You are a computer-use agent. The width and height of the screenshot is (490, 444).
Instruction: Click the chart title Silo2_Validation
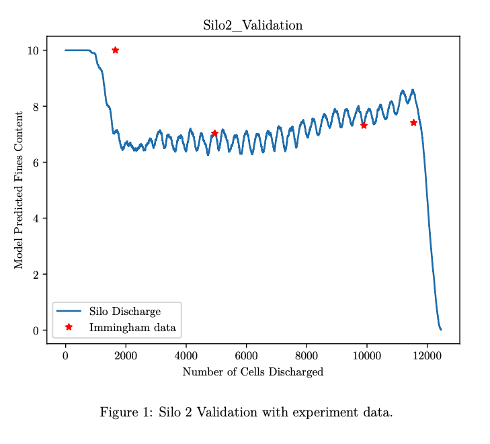(x=253, y=26)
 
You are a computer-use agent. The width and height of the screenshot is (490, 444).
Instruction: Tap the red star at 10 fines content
(x=115, y=50)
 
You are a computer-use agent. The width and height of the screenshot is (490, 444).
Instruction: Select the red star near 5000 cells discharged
(x=214, y=133)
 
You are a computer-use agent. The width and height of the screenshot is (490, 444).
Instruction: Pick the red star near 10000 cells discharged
(x=364, y=125)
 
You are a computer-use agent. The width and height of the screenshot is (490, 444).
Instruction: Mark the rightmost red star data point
(x=413, y=122)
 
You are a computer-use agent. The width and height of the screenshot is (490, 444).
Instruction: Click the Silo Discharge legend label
(x=124, y=312)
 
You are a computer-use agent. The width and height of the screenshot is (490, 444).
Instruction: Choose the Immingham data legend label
(x=132, y=328)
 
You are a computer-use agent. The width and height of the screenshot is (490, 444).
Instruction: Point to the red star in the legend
(x=69, y=327)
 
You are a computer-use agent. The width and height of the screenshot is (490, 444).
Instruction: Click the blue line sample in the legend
(x=69, y=312)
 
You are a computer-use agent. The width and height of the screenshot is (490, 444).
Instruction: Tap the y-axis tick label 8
(x=34, y=106)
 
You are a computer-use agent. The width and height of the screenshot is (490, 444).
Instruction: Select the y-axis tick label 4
(x=34, y=218)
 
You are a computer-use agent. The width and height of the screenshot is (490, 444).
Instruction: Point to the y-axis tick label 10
(x=32, y=50)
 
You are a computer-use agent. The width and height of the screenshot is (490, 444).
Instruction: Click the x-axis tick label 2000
(x=126, y=356)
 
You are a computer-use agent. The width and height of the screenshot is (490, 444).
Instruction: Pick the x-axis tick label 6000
(x=246, y=356)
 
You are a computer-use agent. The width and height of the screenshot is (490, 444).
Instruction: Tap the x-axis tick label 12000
(x=427, y=356)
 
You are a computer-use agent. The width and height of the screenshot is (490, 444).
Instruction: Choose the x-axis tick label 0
(x=65, y=356)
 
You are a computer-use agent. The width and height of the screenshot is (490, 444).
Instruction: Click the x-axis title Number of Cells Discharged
(x=253, y=372)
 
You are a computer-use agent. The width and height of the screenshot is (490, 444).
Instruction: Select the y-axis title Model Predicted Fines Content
(x=19, y=190)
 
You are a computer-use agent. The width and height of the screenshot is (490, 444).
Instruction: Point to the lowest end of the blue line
(x=441, y=329)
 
